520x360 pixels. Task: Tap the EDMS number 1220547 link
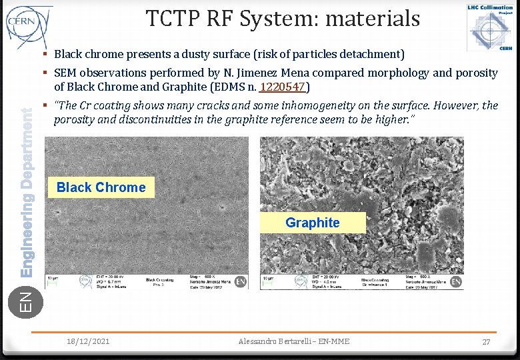[282, 87]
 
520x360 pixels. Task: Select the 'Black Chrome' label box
[101, 187]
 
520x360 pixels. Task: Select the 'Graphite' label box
[312, 223]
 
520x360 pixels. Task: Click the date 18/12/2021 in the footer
[88, 341]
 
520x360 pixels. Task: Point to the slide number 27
[487, 341]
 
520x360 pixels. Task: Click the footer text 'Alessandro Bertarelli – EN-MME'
[293, 341]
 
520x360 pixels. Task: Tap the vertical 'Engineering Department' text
[27, 193]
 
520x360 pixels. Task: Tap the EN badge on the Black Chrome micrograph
[241, 281]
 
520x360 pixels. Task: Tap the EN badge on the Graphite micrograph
[456, 281]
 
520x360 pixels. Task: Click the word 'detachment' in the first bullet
[371, 53]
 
